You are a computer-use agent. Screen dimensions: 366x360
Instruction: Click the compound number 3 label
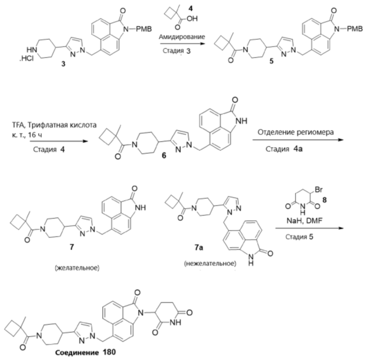63,64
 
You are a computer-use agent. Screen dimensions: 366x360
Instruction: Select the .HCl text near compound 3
26,58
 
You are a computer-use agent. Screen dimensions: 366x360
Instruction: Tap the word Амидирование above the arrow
182,37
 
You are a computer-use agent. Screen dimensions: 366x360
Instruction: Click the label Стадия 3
177,51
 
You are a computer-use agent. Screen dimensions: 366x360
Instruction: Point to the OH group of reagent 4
192,18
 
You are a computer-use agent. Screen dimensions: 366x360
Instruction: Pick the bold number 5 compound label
271,61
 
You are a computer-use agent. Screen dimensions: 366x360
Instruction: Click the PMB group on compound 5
355,29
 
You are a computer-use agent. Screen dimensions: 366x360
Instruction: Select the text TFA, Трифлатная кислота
54,125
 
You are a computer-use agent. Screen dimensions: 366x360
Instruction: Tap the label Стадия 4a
284,149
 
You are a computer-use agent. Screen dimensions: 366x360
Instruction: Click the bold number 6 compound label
164,155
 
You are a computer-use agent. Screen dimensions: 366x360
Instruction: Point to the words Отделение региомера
296,132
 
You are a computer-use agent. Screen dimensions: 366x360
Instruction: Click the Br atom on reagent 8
319,189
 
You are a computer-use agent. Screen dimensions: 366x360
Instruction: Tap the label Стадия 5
299,237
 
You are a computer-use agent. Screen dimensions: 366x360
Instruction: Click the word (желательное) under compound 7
77,268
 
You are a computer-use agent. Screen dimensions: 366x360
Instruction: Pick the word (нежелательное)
210,263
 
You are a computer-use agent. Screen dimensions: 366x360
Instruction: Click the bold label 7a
199,247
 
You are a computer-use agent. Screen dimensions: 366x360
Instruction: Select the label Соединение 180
85,352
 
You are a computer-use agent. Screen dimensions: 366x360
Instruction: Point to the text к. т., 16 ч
27,135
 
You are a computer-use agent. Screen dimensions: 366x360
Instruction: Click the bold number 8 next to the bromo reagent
325,200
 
